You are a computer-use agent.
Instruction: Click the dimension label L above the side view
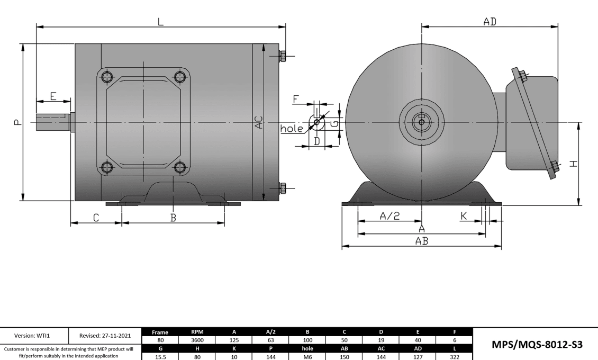(161, 21)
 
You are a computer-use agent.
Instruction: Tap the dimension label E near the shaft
(53, 96)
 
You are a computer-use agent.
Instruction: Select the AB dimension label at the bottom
(421, 241)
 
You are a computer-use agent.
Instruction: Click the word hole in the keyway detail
(292, 128)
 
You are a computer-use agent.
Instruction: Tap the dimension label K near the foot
(464, 215)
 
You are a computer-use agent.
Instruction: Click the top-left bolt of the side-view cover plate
(107, 77)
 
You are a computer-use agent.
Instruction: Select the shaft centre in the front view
(421, 122)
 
